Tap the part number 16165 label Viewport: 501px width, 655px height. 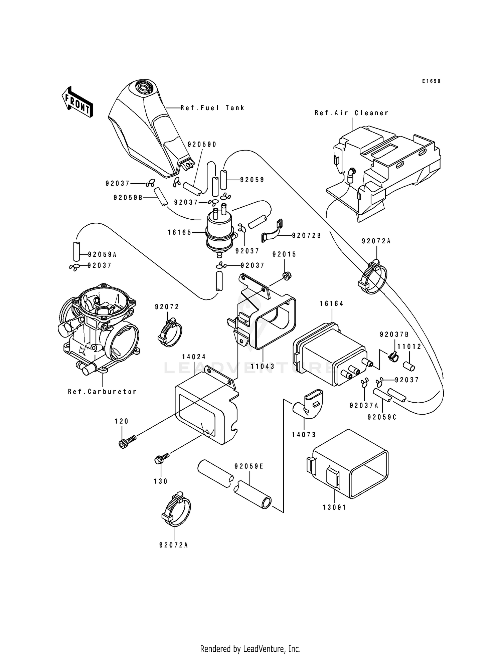click(x=179, y=232)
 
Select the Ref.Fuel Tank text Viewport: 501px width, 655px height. click(x=212, y=108)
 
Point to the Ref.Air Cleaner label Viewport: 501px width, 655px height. click(x=352, y=113)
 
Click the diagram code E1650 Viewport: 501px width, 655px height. click(x=431, y=81)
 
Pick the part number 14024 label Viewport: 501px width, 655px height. click(x=194, y=357)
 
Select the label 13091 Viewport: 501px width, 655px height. click(x=334, y=507)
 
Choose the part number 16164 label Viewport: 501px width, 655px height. click(x=331, y=303)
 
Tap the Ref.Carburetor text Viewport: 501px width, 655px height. click(x=102, y=392)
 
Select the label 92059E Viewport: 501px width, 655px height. click(x=249, y=466)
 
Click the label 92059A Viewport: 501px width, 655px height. click(x=102, y=254)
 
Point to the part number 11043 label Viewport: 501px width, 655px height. click(x=263, y=366)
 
